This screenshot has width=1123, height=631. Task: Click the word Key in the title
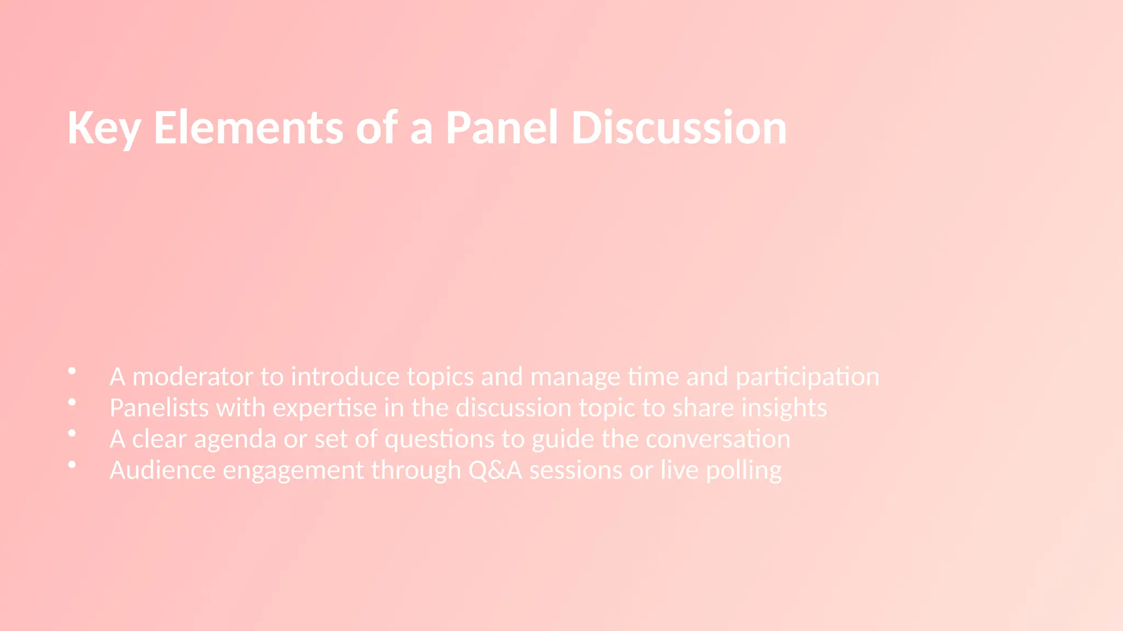tap(104, 128)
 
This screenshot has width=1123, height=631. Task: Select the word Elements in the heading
tap(248, 128)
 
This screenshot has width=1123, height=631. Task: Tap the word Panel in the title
tap(501, 128)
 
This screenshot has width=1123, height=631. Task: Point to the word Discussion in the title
tap(679, 128)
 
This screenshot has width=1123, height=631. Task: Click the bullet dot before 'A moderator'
tap(72, 371)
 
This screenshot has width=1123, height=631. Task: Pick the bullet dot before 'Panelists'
tap(72, 403)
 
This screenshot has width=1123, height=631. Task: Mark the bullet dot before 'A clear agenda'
tap(72, 434)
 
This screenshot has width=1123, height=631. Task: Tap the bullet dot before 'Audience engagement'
tap(72, 465)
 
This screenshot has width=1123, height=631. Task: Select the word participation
tap(807, 377)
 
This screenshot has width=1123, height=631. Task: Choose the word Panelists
tap(159, 408)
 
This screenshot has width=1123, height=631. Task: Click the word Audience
tap(162, 471)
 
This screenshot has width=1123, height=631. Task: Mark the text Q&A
tap(495, 471)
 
